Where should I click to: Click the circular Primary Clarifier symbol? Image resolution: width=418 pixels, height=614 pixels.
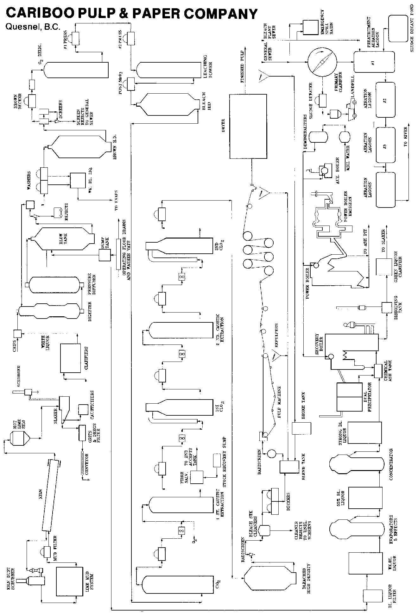pos(322,62)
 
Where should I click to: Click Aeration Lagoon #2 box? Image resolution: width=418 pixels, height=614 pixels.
pos(385,100)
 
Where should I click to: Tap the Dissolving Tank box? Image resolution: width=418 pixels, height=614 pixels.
pos(386,307)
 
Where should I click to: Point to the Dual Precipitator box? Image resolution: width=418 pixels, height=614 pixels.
pos(349,396)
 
